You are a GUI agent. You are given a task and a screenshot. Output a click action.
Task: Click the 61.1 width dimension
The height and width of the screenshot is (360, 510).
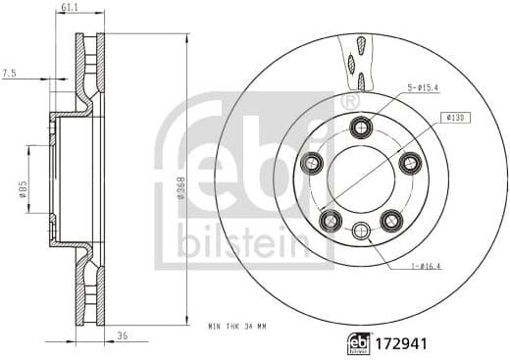click(69, 9)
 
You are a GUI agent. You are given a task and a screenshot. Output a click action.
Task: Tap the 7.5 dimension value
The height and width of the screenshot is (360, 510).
click(10, 72)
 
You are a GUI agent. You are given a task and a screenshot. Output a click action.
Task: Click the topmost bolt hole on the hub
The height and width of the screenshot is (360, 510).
click(362, 126)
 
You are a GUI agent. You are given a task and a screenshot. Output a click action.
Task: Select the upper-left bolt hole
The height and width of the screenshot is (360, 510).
click(313, 163)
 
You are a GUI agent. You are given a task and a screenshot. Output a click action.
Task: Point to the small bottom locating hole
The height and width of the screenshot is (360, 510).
click(362, 231)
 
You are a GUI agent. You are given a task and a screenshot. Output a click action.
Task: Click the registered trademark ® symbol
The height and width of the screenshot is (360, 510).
click(347, 100)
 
